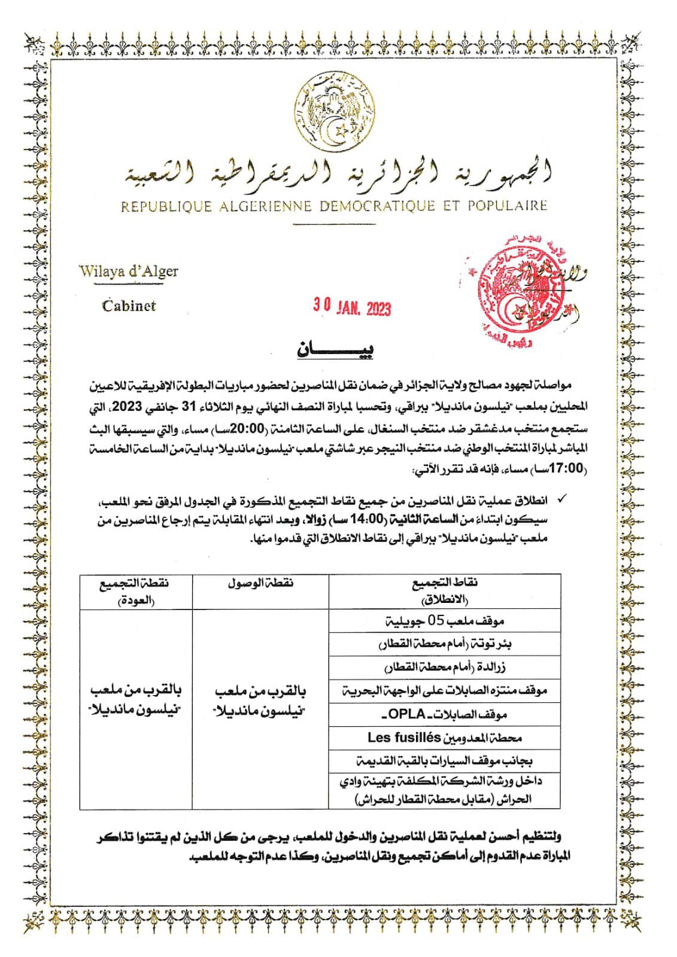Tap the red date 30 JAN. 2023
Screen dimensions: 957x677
click(352, 306)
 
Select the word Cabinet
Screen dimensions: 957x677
click(129, 306)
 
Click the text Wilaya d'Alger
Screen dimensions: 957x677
click(129, 271)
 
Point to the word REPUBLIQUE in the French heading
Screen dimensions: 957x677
click(166, 207)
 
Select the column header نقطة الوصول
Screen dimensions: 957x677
click(260, 583)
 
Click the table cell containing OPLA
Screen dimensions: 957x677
click(444, 714)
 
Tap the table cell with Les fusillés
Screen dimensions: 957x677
click(444, 737)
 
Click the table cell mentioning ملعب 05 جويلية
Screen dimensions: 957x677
click(444, 620)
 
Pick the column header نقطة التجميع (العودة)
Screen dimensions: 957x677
click(135, 591)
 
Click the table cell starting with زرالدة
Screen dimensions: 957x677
click(444, 668)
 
